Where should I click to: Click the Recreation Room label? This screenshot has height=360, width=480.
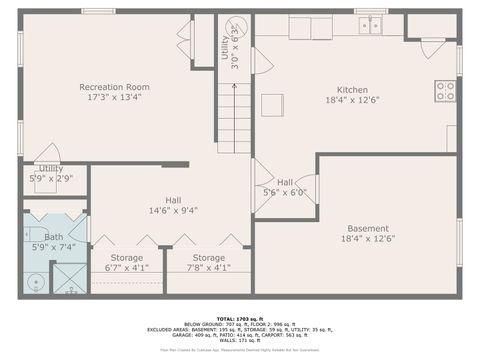(115, 87)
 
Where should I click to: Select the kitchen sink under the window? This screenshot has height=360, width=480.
(370, 25)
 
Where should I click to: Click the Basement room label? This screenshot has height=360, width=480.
(368, 228)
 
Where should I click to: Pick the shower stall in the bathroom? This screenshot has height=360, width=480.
(69, 278)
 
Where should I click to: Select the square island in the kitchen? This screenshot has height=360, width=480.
(272, 105)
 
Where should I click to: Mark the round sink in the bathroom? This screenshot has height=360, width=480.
(36, 282)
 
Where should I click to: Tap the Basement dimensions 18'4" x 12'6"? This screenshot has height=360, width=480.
(368, 239)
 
